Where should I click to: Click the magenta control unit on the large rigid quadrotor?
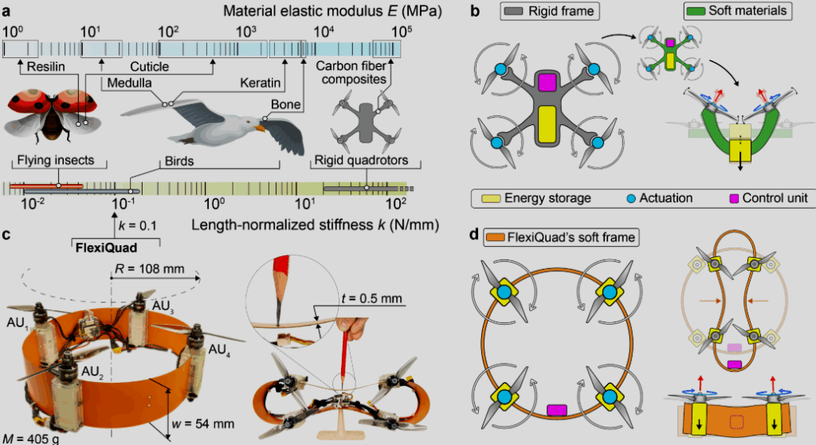tap(547, 81)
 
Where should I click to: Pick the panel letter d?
tap(475, 236)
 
